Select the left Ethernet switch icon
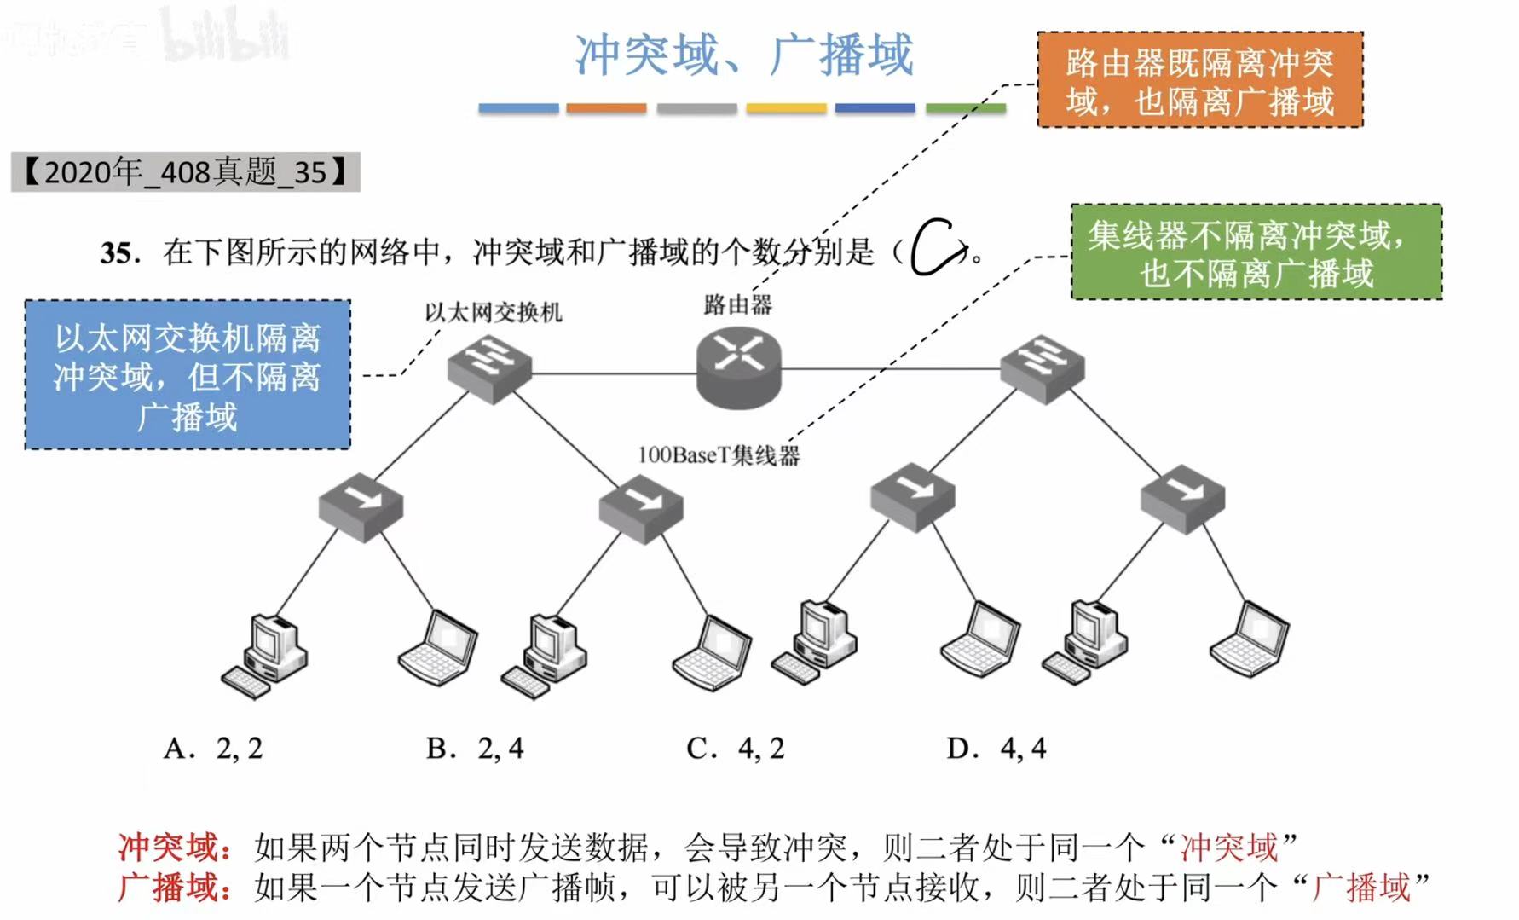(489, 367)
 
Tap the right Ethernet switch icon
(1042, 367)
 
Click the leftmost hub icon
(361, 506)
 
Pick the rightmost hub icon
(1182, 498)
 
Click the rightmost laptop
(1249, 639)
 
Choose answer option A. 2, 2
(213, 749)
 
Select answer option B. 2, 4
(475, 749)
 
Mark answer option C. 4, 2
(735, 749)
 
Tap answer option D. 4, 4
(996, 749)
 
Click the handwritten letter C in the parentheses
(936, 248)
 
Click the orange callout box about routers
(1199, 80)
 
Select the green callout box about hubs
(1256, 252)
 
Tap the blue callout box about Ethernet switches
(188, 375)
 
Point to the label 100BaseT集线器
(719, 455)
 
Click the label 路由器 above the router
(737, 304)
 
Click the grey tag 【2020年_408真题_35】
(185, 172)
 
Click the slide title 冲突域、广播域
(743, 55)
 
